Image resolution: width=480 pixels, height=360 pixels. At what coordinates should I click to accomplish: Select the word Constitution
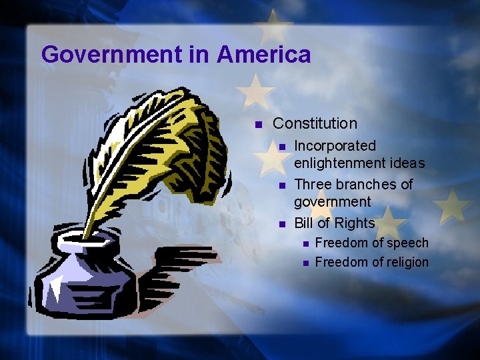(x=315, y=123)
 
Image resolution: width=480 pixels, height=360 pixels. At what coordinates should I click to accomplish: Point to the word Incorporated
(x=335, y=145)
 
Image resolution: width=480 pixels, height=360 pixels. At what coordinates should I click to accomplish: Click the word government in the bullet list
(x=332, y=201)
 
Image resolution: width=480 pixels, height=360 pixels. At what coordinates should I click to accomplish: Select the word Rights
(x=355, y=223)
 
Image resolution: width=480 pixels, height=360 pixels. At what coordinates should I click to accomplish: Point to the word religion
(x=406, y=262)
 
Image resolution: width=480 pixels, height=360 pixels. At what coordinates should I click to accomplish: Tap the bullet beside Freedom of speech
(x=304, y=244)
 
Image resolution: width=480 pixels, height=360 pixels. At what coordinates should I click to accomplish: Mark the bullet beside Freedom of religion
(x=304, y=263)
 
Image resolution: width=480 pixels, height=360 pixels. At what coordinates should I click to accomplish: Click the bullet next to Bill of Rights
(x=282, y=224)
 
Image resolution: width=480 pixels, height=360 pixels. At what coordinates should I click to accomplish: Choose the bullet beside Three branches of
(x=282, y=185)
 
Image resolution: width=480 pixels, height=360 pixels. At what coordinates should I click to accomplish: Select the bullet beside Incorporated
(x=282, y=147)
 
